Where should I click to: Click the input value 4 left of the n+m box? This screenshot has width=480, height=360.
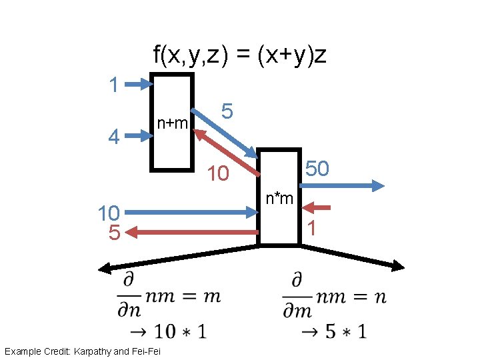(x=114, y=137)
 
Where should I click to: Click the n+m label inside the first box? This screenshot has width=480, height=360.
(x=172, y=123)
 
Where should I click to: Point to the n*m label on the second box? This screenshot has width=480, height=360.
(x=279, y=197)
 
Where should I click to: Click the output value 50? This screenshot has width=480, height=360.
(x=317, y=169)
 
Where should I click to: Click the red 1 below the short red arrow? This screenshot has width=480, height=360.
(x=311, y=228)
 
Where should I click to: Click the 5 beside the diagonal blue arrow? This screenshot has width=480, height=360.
(x=227, y=111)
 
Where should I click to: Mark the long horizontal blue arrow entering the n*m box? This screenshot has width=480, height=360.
(x=191, y=213)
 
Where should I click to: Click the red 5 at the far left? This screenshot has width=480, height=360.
(x=114, y=233)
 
